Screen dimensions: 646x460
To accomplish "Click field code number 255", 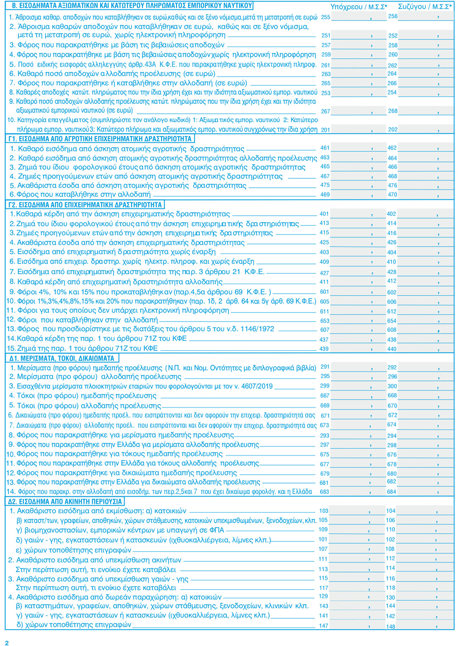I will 325,17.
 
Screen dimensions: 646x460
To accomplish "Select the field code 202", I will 393,129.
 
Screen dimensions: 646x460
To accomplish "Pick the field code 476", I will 393,186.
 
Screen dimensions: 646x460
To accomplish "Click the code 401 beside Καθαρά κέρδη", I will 325,214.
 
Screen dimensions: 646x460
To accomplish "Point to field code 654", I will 393,321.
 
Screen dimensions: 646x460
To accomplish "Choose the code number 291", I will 325,367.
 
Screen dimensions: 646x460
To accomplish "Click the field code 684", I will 393,492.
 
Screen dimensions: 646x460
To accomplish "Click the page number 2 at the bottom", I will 7,642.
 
